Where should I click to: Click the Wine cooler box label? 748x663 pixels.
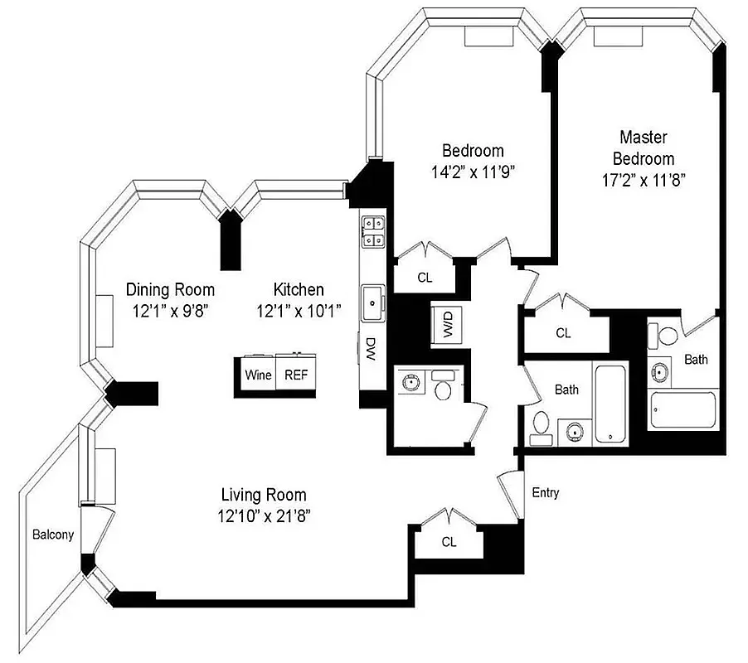pos(258,375)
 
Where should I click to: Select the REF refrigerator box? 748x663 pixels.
pos(296,375)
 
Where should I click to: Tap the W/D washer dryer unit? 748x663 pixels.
pos(448,323)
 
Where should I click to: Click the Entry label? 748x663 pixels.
pos(545,493)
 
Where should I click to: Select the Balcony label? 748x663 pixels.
pos(53,535)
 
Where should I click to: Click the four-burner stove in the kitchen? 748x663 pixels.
pos(371,230)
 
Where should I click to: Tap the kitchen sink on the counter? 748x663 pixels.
pos(372,299)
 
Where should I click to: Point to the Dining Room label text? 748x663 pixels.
pos(170,289)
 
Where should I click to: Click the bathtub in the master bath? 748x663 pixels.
pos(682,409)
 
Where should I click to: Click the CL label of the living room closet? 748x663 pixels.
pos(449,542)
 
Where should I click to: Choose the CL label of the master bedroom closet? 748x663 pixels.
pos(563,333)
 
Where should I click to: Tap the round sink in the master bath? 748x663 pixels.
pos(661,370)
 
